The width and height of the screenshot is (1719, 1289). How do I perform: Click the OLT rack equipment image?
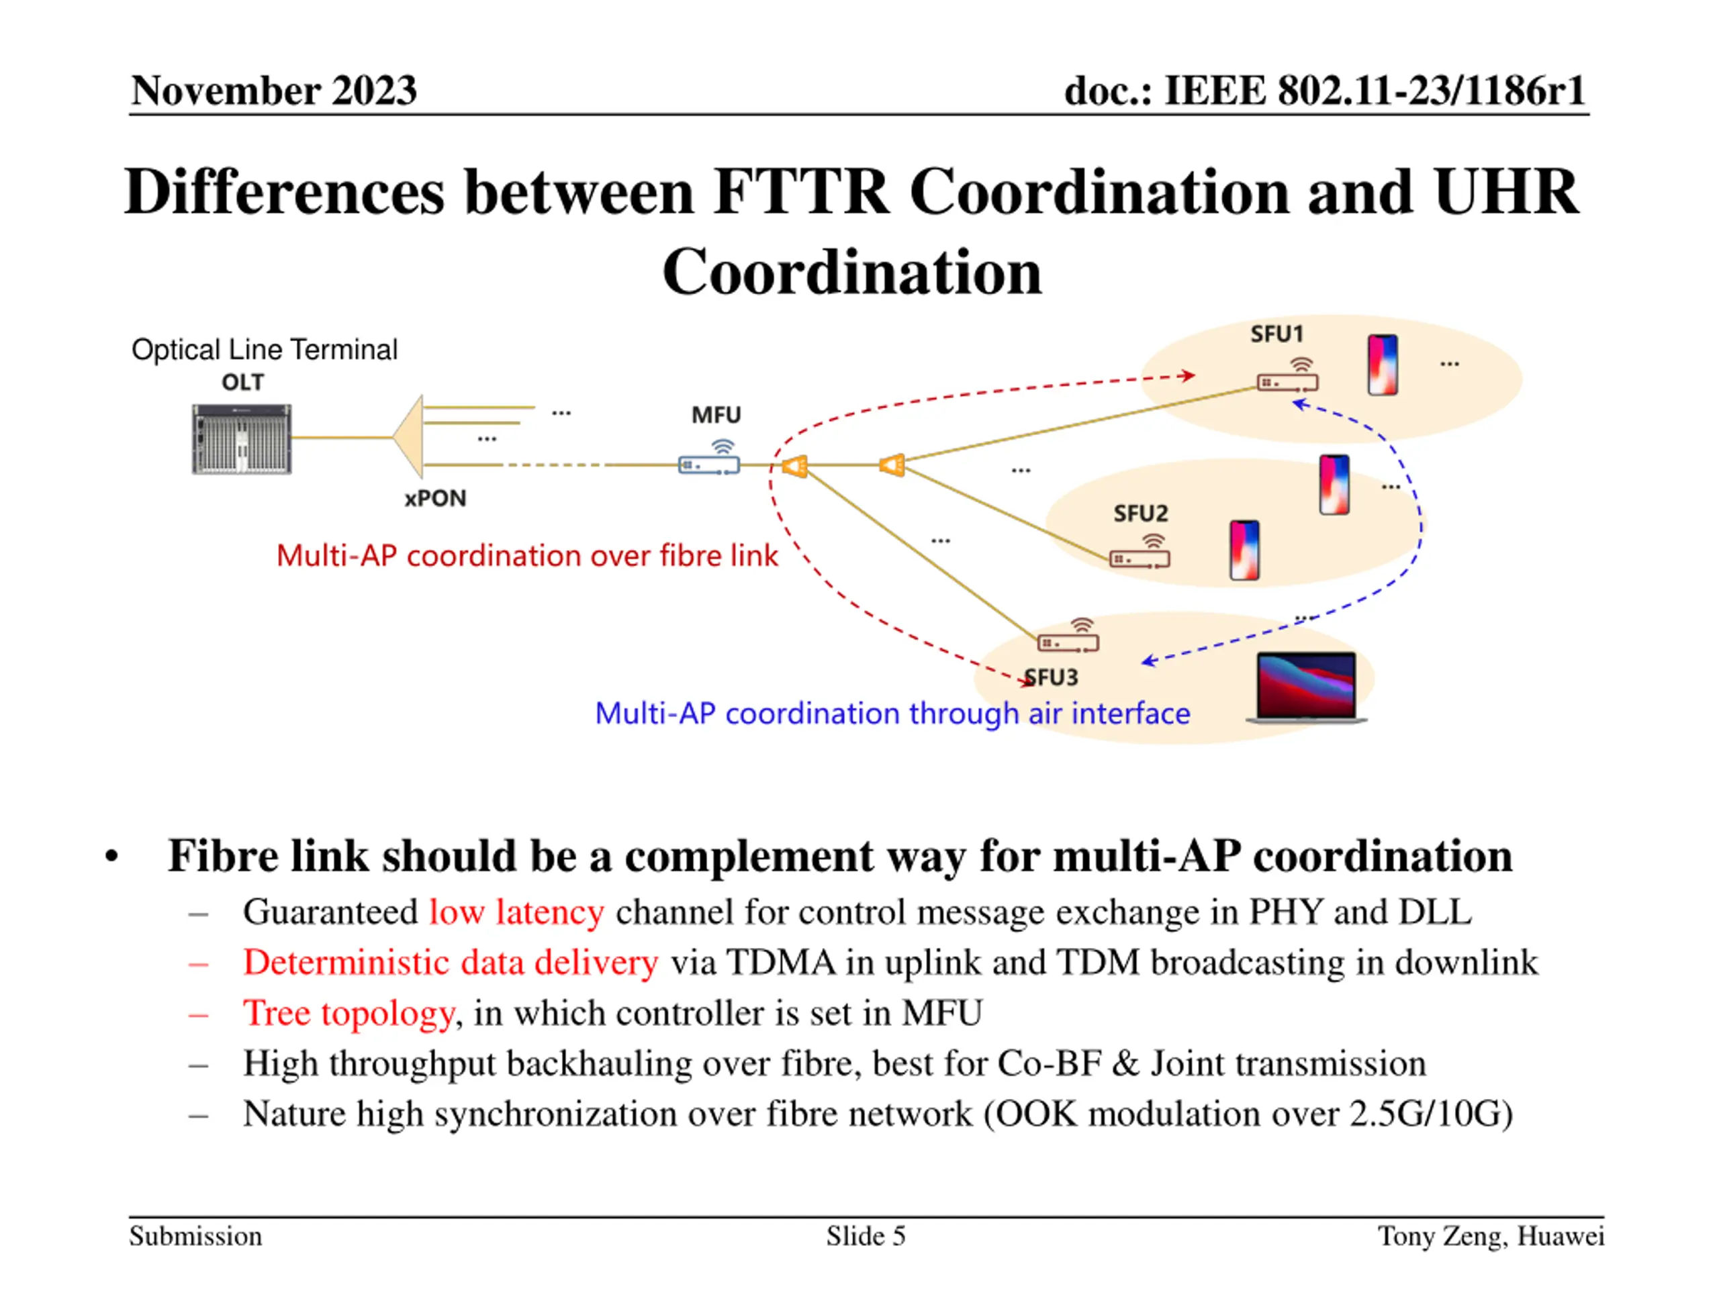pyautogui.click(x=242, y=438)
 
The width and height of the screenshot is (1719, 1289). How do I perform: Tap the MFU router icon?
pyautogui.click(x=708, y=465)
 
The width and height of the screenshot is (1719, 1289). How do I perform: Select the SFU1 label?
pyautogui.click(x=1276, y=334)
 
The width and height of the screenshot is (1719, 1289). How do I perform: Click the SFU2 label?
pyautogui.click(x=1140, y=514)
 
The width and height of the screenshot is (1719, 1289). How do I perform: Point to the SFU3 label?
pyautogui.click(x=1052, y=677)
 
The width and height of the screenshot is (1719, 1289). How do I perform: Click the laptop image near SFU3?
pyautogui.click(x=1306, y=687)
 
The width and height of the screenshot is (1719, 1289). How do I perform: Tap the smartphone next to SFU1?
pyautogui.click(x=1383, y=365)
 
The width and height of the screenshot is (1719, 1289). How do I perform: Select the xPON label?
pyautogui.click(x=435, y=498)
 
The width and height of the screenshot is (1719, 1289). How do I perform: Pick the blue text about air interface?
pyautogui.click(x=892, y=713)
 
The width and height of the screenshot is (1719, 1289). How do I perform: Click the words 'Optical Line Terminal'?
pyautogui.click(x=264, y=350)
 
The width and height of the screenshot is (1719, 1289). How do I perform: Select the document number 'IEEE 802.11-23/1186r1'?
pyautogui.click(x=1374, y=90)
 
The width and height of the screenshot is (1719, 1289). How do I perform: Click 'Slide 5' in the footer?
pyautogui.click(x=866, y=1235)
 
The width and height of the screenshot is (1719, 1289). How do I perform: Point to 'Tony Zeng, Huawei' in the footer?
pyautogui.click(x=1491, y=1235)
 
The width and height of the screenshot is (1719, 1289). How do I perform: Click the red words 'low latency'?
pyautogui.click(x=516, y=912)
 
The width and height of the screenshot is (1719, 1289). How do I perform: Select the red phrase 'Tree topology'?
pyautogui.click(x=348, y=1012)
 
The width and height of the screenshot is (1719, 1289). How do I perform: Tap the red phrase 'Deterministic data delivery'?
pyautogui.click(x=451, y=962)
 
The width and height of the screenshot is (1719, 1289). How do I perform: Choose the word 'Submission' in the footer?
pyautogui.click(x=196, y=1235)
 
